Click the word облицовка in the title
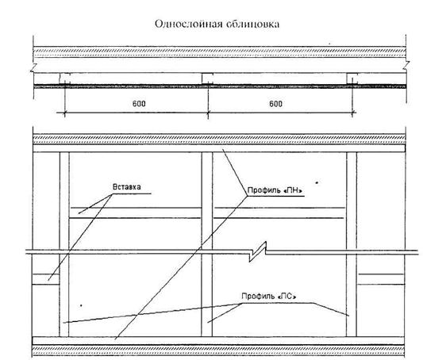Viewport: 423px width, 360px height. click(x=253, y=24)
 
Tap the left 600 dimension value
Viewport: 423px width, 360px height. click(x=139, y=103)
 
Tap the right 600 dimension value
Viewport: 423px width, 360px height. click(x=275, y=103)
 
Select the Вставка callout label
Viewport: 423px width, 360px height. click(x=126, y=186)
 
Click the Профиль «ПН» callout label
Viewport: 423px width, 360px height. click(x=275, y=190)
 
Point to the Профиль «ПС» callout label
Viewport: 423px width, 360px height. click(x=269, y=296)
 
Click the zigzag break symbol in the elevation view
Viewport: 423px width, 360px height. click(x=258, y=251)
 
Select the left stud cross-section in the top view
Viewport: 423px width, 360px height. click(x=65, y=79)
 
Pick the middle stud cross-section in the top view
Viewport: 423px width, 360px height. click(x=208, y=79)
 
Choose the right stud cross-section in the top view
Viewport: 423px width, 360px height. click(x=352, y=79)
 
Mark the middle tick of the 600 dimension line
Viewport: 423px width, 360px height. click(x=208, y=113)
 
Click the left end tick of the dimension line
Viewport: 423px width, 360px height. click(x=64, y=113)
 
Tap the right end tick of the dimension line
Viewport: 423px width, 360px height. click(x=352, y=113)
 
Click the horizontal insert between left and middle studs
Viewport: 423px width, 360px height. click(x=136, y=213)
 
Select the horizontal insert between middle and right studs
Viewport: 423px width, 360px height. click(x=279, y=213)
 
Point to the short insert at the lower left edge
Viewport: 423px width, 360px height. click(x=46, y=279)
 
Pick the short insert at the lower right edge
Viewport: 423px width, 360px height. click(x=381, y=279)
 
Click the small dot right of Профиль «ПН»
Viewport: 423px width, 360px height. click(x=317, y=182)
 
